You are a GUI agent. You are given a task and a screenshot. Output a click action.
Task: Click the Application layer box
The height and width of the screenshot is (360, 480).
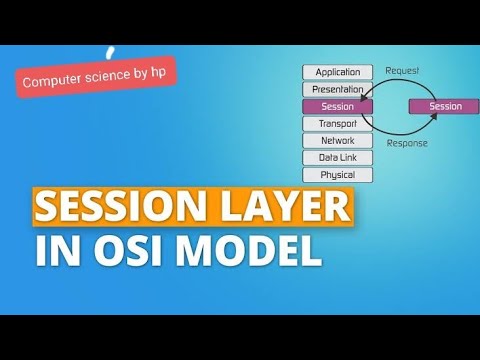pyautogui.click(x=337, y=72)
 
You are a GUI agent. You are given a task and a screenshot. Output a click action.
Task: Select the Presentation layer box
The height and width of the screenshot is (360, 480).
pyautogui.click(x=337, y=89)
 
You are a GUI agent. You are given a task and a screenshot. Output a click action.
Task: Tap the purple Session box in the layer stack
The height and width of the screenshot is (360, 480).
pyautogui.click(x=337, y=106)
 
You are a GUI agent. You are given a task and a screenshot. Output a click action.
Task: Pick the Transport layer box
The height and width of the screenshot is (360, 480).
pyautogui.click(x=337, y=124)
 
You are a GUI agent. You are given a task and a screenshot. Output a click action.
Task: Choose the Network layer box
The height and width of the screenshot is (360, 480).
pyautogui.click(x=337, y=141)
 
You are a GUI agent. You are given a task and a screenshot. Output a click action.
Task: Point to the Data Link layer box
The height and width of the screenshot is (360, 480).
pyautogui.click(x=337, y=158)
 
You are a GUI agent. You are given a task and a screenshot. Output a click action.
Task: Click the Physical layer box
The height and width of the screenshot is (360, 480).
pyautogui.click(x=337, y=175)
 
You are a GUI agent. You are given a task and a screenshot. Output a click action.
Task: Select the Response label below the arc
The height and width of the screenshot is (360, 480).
pyautogui.click(x=407, y=143)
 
